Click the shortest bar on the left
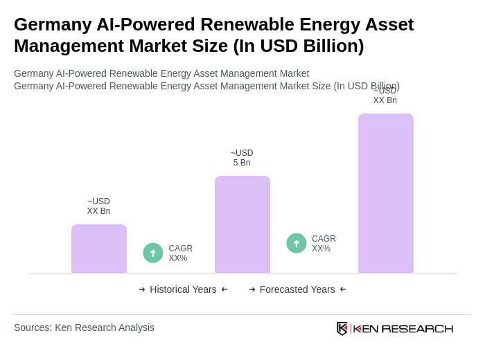point(99,249)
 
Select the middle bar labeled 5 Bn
point(242,224)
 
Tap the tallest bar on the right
point(385,193)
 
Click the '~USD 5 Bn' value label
point(242,158)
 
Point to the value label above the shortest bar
point(98,206)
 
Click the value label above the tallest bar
point(385,96)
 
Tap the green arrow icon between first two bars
point(153,253)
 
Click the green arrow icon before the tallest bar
point(297,243)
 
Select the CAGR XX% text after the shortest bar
point(180,253)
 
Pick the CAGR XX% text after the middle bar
point(324,244)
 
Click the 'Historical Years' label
point(183,289)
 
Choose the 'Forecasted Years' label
point(297,289)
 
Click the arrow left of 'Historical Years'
point(142,289)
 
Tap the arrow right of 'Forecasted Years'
point(343,289)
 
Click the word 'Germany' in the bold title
point(53,24)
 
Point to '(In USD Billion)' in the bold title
point(298,46)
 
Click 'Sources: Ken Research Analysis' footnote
point(84,327)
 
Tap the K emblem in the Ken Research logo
point(342,328)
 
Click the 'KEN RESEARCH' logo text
point(403,328)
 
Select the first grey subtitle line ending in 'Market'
point(161,73)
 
